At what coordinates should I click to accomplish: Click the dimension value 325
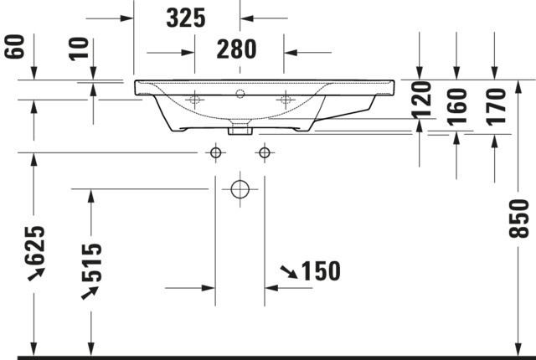tap(186, 18)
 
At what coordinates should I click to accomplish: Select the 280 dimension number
tap(236, 49)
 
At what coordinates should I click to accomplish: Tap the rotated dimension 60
tap(15, 46)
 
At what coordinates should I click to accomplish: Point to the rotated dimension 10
tap(79, 49)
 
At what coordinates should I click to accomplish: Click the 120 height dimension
tap(421, 100)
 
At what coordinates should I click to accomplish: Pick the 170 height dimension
tap(497, 107)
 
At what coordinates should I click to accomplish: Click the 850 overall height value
tap(519, 219)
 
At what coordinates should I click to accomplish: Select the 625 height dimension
tap(34, 245)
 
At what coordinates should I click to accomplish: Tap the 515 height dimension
tap(92, 262)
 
